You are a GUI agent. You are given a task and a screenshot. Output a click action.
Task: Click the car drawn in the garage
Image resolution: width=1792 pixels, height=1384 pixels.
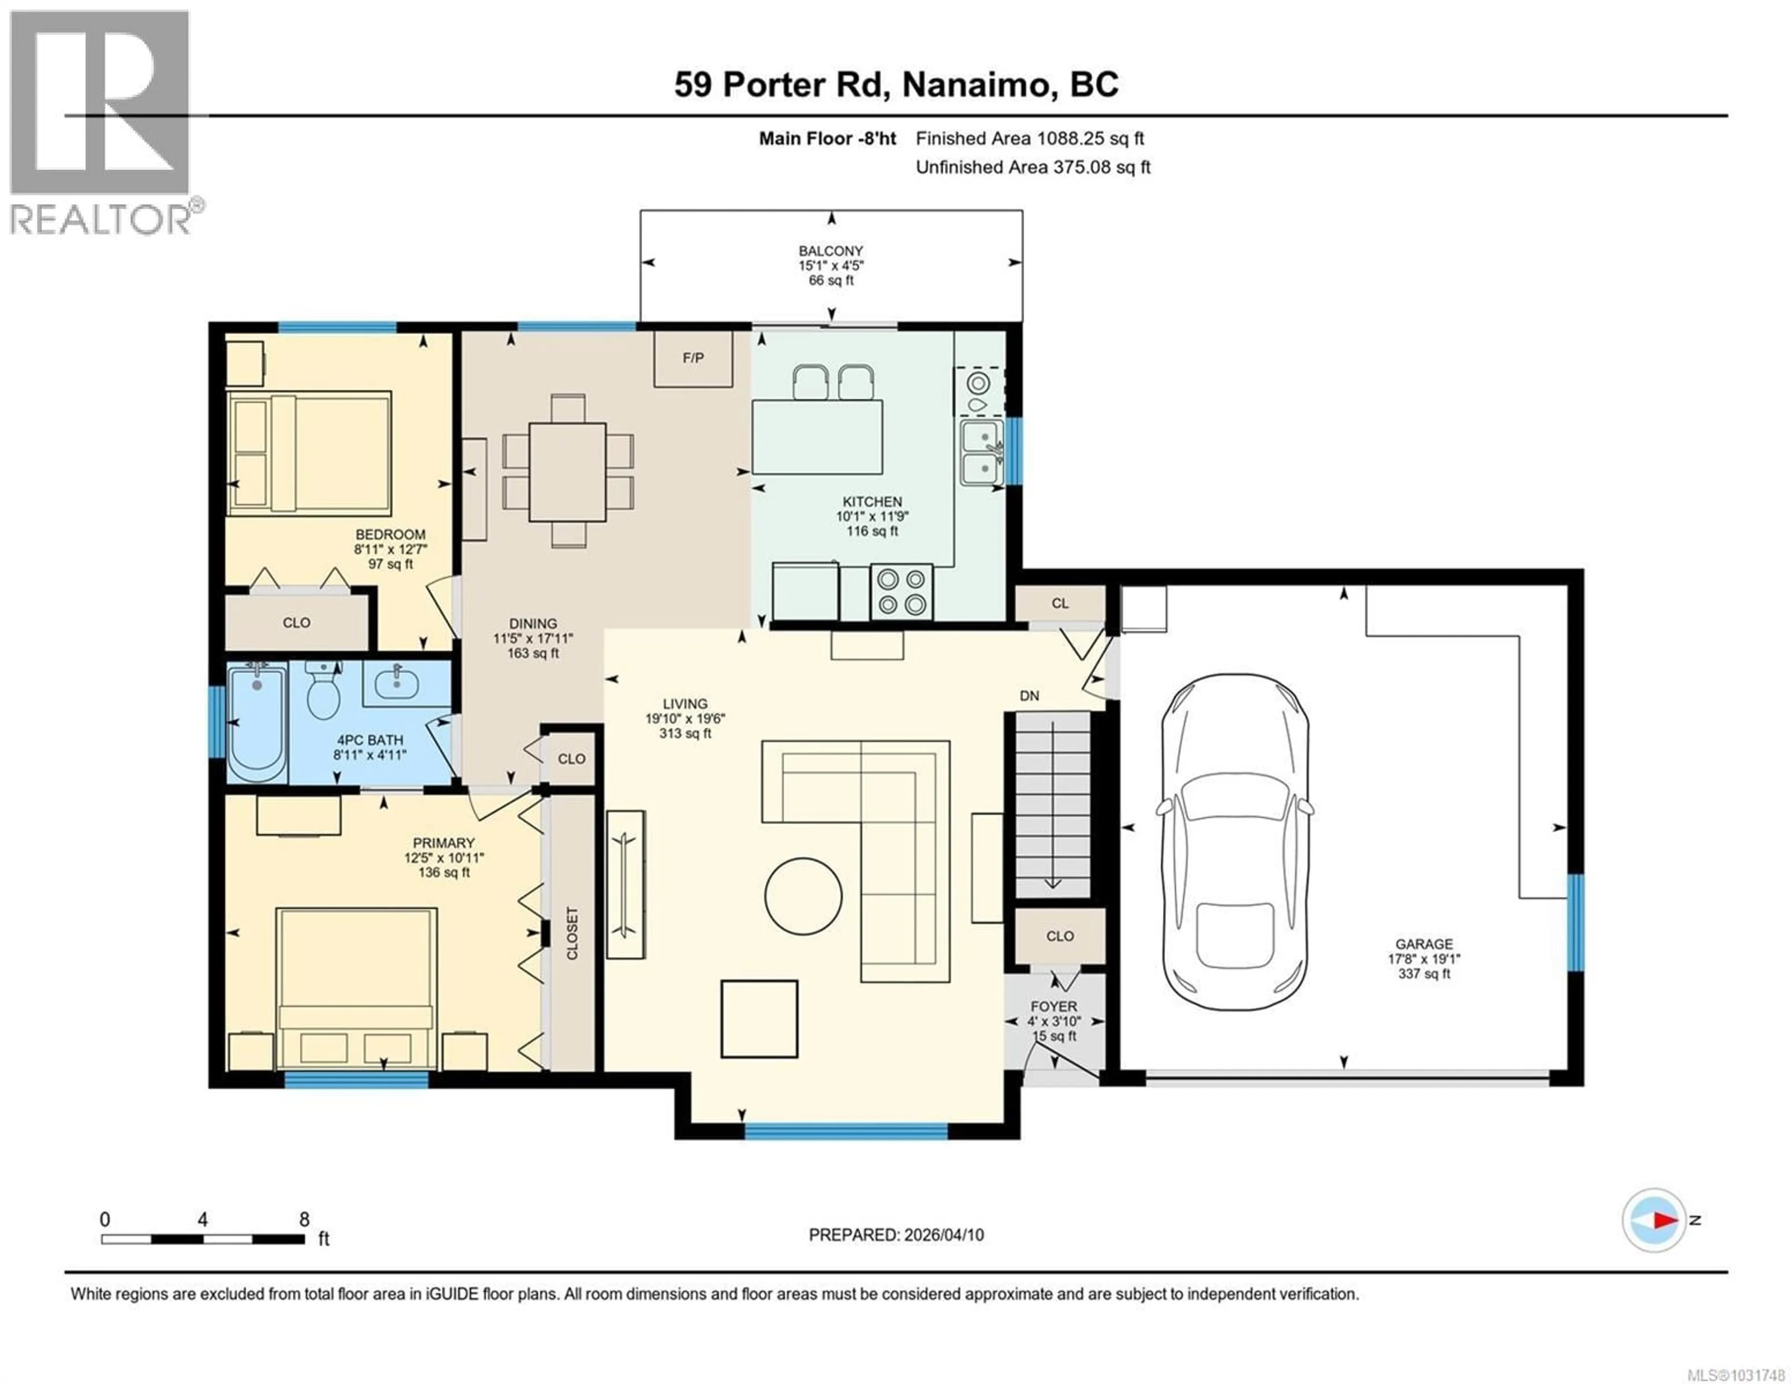click(x=1234, y=845)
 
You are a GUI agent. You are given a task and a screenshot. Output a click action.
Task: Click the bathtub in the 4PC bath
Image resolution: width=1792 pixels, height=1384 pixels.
click(x=257, y=722)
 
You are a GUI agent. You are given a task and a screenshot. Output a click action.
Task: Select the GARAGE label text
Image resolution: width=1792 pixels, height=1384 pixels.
click(x=1424, y=944)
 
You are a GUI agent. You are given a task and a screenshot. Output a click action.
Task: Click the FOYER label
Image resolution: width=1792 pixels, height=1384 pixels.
click(x=1054, y=1007)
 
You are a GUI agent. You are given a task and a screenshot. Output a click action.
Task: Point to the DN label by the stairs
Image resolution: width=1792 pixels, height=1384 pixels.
click(x=1029, y=695)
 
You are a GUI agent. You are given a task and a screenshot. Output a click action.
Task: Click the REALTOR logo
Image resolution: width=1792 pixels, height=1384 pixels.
click(x=101, y=123)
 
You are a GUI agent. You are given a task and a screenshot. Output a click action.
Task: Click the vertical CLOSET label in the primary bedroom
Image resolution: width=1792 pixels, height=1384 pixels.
click(x=572, y=933)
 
